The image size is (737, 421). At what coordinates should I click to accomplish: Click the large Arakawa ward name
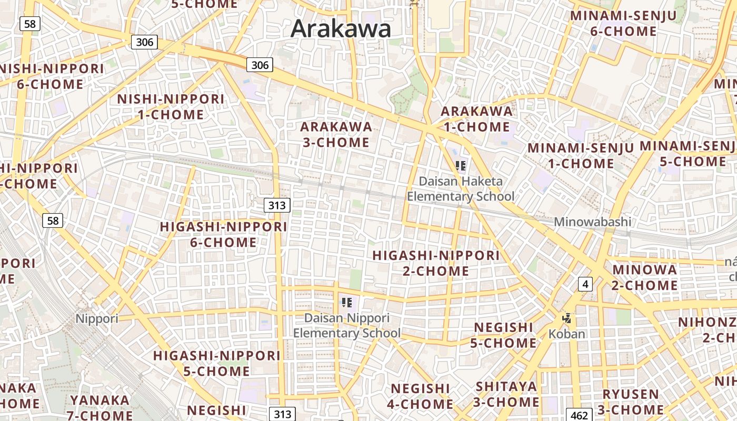tap(341, 28)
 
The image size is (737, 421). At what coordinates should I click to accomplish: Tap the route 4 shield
tap(585, 285)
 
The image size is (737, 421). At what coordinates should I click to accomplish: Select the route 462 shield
tap(579, 415)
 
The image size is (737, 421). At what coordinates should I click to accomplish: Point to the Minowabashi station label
tap(592, 222)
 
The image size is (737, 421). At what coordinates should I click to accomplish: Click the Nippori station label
tap(97, 318)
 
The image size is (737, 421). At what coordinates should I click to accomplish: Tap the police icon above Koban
tap(566, 318)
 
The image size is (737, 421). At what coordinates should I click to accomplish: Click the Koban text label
tap(566, 334)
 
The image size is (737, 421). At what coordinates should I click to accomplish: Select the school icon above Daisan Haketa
tap(461, 166)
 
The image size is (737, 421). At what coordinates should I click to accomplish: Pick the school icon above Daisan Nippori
tap(346, 303)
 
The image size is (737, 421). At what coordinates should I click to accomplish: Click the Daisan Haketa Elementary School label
tap(461, 189)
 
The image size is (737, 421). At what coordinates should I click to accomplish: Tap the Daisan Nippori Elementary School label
tap(346, 326)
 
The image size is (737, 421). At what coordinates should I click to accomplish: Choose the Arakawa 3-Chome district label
tap(336, 134)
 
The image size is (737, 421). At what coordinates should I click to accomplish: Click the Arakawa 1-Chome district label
tap(476, 119)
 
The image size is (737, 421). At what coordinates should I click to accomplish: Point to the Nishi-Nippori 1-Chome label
tap(171, 107)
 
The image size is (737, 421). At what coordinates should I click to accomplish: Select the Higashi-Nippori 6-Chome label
tap(224, 235)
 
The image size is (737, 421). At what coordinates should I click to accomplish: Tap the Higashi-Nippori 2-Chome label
tap(436, 263)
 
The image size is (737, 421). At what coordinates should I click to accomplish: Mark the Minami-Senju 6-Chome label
tap(623, 23)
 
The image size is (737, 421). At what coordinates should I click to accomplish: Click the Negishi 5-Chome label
tap(504, 335)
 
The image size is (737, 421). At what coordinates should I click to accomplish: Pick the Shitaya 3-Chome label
tap(506, 394)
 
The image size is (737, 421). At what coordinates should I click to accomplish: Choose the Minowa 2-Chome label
tap(645, 277)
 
